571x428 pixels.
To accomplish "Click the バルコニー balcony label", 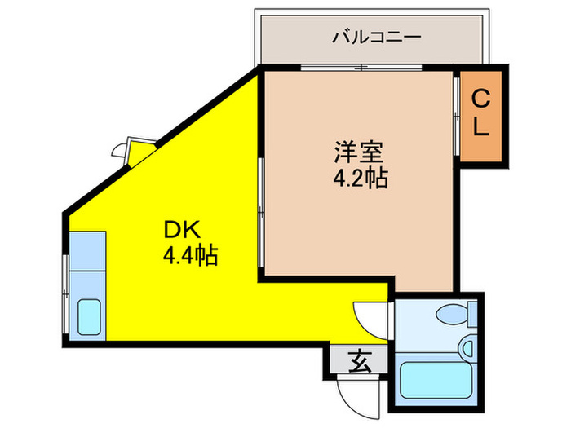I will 377,38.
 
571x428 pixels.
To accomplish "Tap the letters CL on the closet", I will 481,114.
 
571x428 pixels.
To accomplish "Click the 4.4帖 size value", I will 189,258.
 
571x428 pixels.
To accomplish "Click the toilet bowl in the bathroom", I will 449,313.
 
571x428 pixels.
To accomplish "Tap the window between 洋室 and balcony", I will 359,67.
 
